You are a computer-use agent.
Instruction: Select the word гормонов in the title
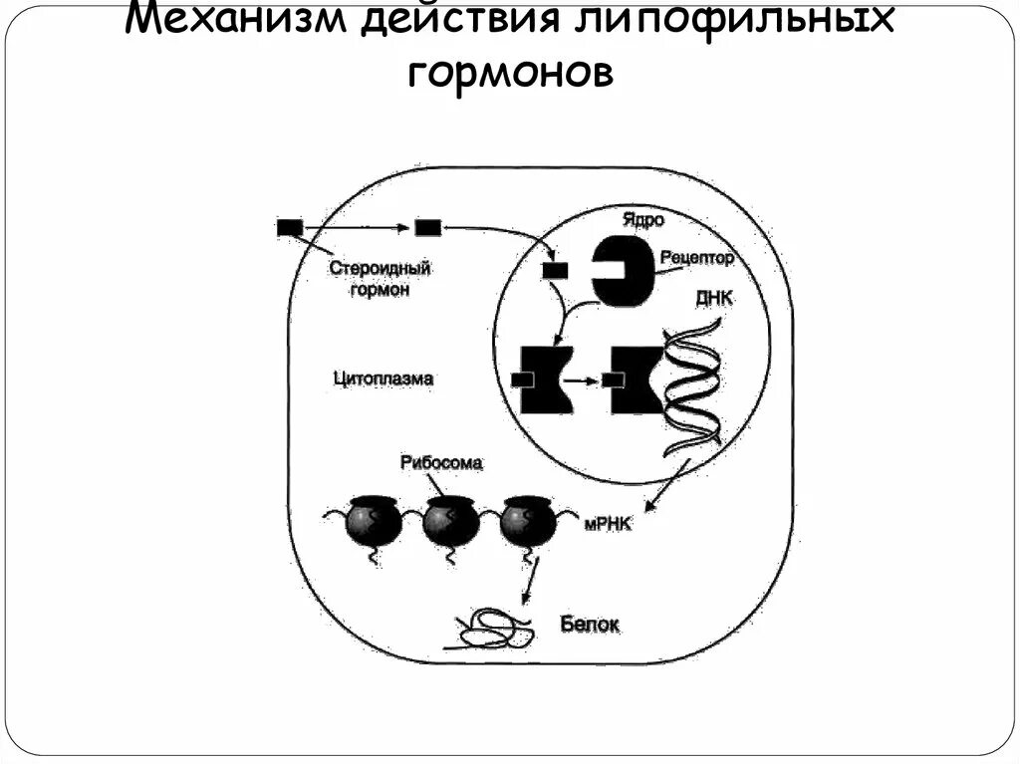(509, 73)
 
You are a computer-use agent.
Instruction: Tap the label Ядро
(641, 218)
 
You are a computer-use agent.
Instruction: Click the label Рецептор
(696, 258)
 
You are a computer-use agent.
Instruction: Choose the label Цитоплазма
(382, 379)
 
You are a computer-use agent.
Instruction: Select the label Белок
(590, 624)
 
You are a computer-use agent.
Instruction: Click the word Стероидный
(372, 269)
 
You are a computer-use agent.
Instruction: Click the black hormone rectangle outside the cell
(290, 228)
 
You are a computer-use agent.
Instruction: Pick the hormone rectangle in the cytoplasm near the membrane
(427, 228)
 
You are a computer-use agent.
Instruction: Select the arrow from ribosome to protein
(531, 581)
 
